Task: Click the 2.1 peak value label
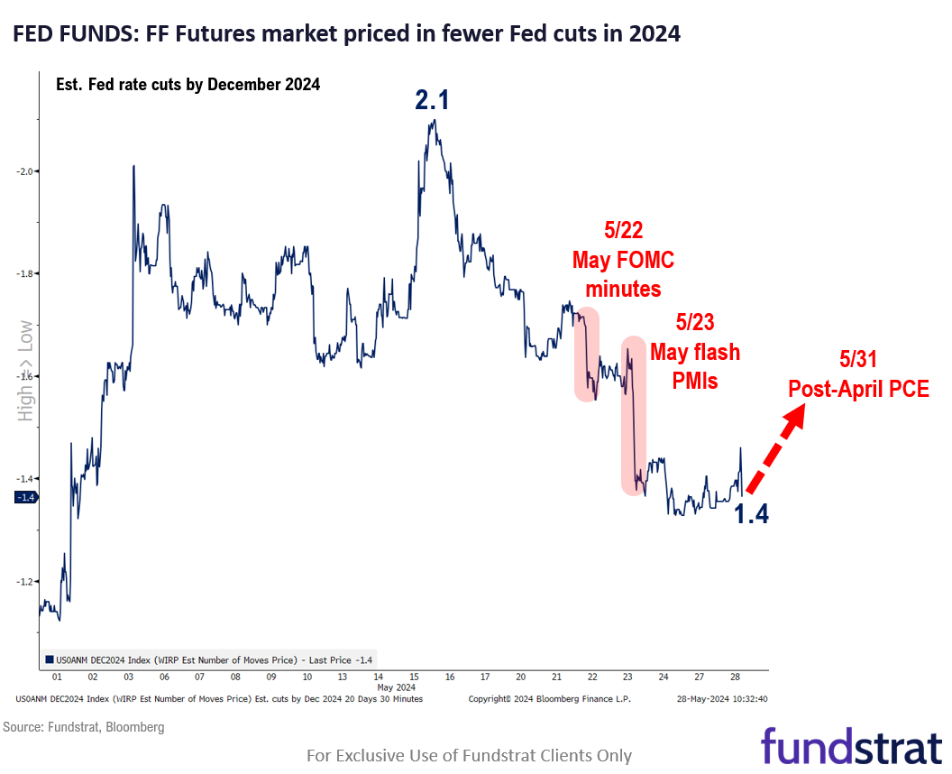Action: tap(432, 100)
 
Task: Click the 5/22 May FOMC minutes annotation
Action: tap(623, 261)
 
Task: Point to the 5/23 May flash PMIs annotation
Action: tap(695, 351)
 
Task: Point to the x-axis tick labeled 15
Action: tap(413, 677)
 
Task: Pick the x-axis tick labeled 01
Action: tap(58, 677)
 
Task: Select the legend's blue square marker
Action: tap(49, 659)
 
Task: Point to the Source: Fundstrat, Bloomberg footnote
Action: tap(84, 726)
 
